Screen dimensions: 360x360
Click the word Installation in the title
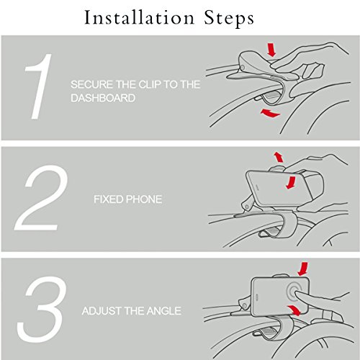139,18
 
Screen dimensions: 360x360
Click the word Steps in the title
229,19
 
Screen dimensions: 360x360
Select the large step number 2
41,198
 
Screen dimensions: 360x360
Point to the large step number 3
42,310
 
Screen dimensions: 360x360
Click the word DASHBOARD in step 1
103,98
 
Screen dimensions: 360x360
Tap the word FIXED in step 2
109,199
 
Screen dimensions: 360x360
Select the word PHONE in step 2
144,199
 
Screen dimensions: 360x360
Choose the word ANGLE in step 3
164,311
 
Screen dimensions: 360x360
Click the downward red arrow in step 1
271,50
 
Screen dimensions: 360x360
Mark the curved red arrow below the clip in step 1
270,113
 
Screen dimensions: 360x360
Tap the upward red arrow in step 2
279,157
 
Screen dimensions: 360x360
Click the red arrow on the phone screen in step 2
292,182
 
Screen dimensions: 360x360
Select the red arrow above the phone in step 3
303,269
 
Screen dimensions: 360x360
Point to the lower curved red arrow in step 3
294,310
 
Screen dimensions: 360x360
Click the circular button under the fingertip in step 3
294,293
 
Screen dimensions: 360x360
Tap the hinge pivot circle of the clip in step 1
243,68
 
